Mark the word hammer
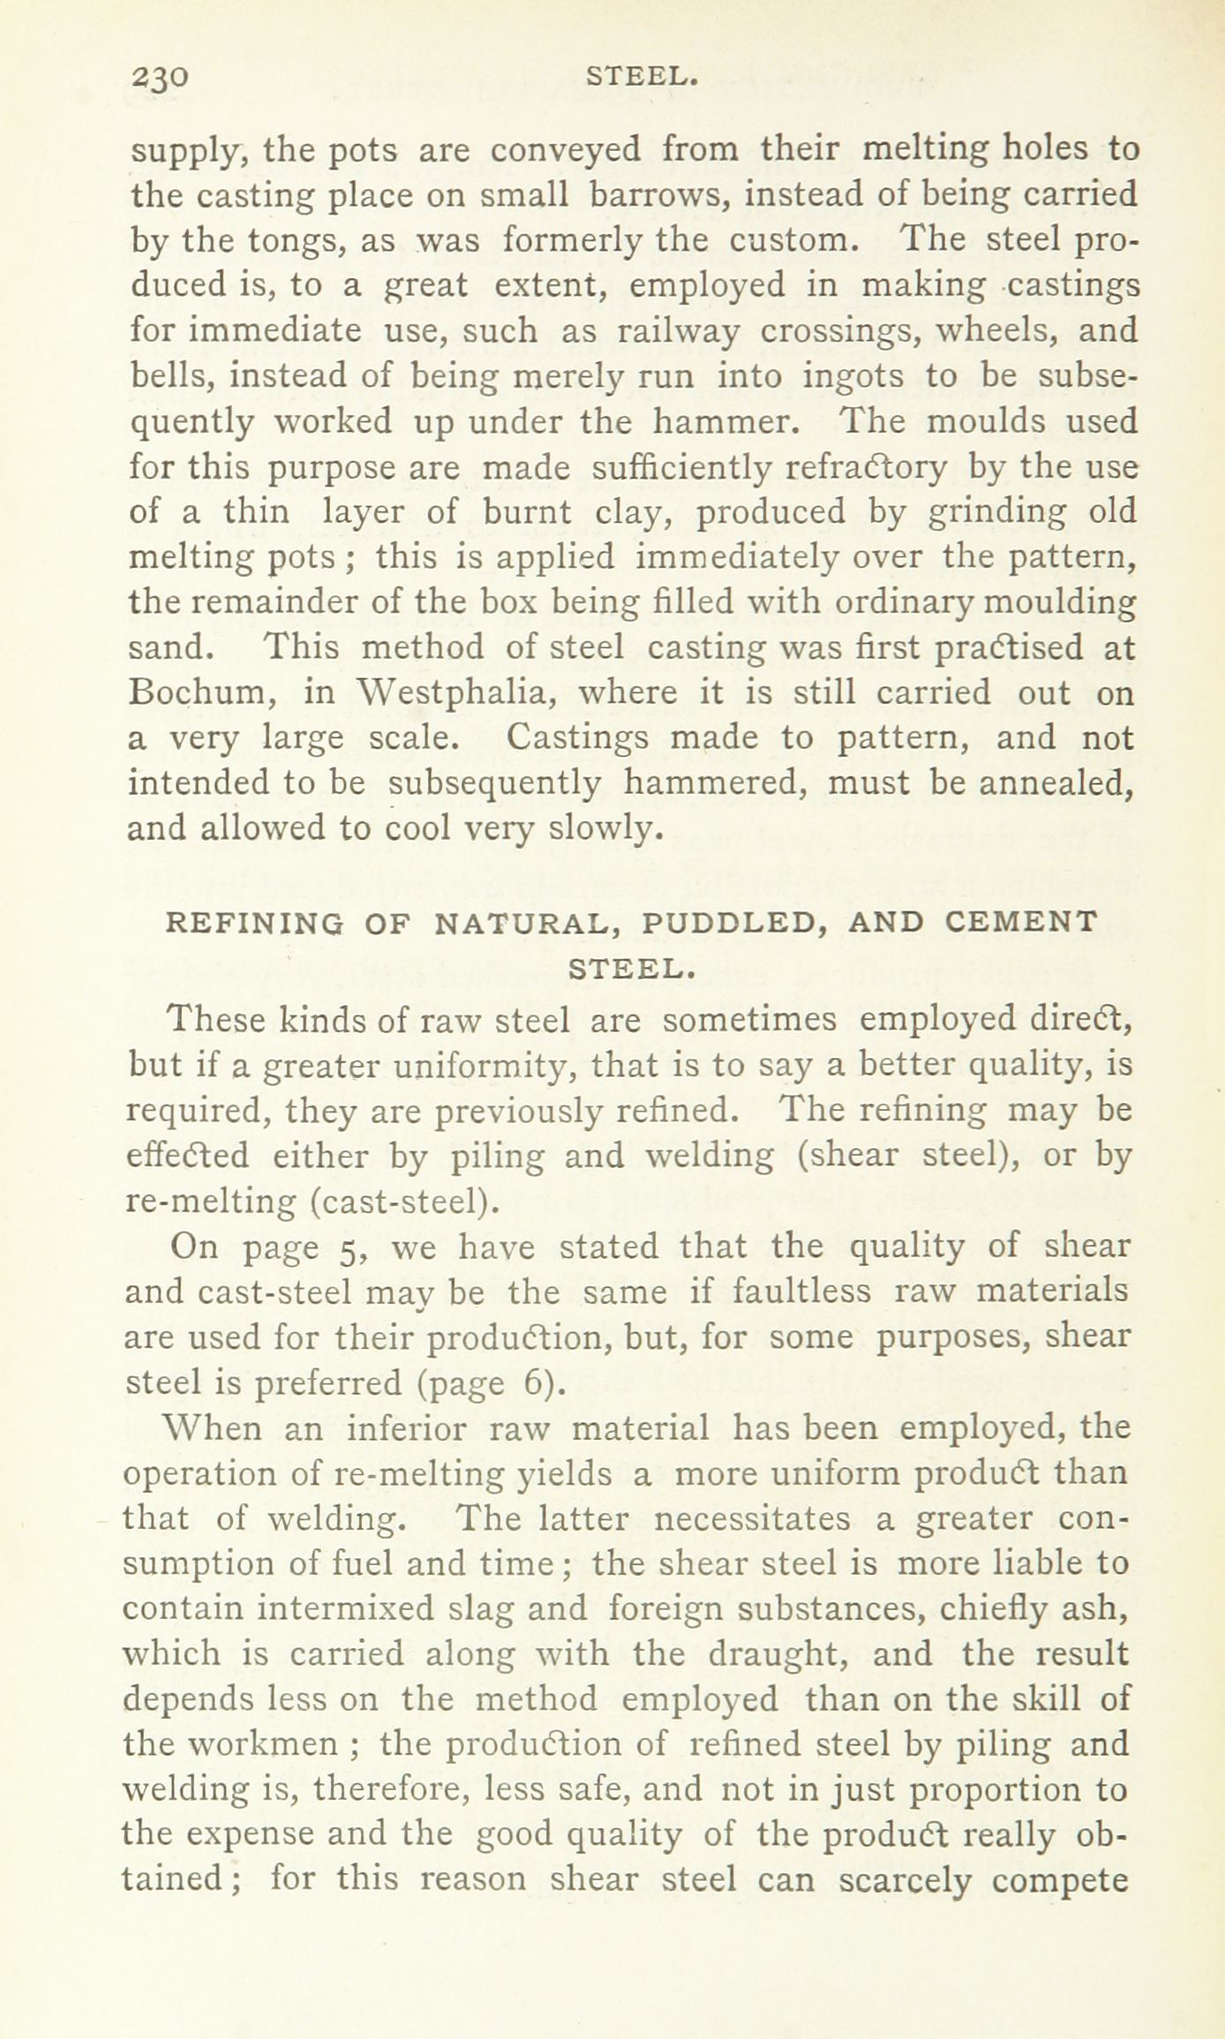click(x=725, y=423)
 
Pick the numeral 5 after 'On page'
click(x=347, y=1247)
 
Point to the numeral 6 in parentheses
click(x=539, y=1383)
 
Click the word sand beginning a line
click(x=170, y=648)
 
